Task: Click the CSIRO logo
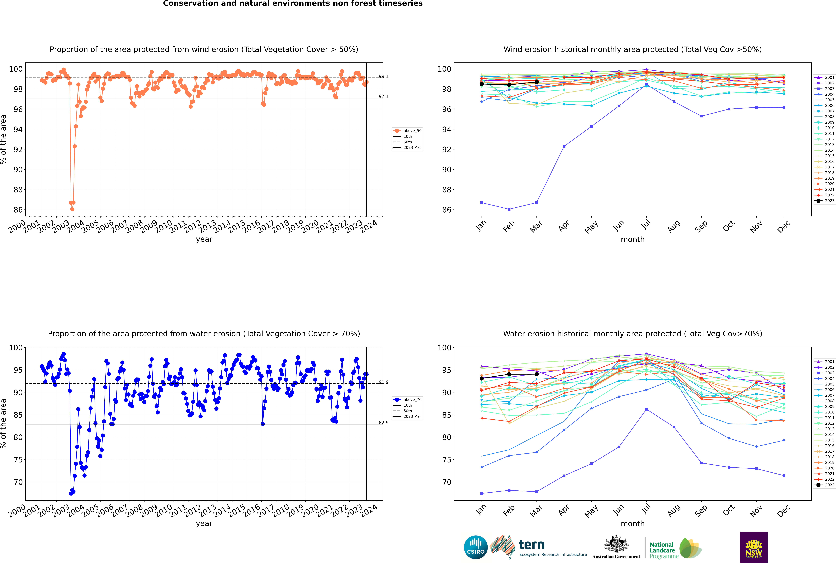point(475,547)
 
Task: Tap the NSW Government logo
point(754,547)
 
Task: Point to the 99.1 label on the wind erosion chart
point(384,76)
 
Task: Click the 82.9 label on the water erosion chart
point(384,423)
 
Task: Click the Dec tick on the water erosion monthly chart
point(784,510)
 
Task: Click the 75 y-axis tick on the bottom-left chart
point(18,460)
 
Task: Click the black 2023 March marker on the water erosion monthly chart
point(537,374)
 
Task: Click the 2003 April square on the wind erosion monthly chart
point(564,146)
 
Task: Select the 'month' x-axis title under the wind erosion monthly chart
point(633,240)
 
